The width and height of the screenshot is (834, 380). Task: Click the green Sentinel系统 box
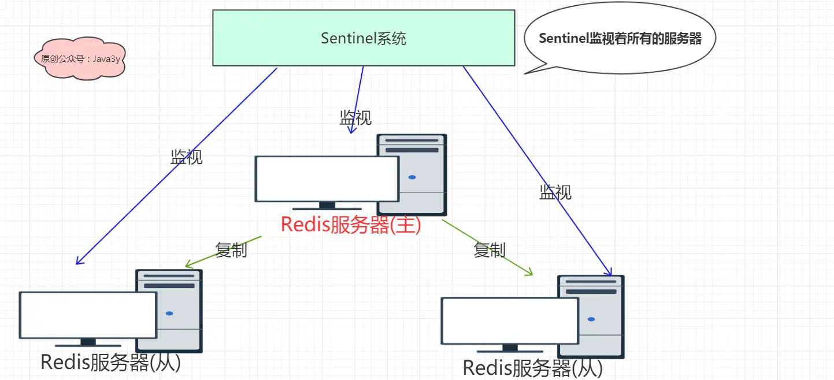tap(364, 38)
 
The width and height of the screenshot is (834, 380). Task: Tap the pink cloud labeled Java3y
tap(80, 58)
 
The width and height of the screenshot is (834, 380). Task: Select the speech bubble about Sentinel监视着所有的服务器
tap(620, 38)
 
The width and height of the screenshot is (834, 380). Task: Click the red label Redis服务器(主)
tap(351, 224)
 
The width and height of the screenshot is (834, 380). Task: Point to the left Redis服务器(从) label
tap(110, 362)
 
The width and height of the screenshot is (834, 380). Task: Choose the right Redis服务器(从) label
tap(532, 368)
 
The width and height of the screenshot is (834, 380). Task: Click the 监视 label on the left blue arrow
tap(187, 157)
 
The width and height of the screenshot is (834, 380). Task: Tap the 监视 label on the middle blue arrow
tap(355, 118)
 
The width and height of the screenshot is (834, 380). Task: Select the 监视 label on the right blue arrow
tap(555, 192)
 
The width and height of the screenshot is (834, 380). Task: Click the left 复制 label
tap(231, 250)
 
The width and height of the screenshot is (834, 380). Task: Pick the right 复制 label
tap(489, 250)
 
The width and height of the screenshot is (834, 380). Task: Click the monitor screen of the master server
tap(327, 179)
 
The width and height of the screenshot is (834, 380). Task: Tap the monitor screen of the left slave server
tap(88, 315)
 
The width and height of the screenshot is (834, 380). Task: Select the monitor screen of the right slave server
tap(510, 321)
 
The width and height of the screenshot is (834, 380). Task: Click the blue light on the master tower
tap(412, 178)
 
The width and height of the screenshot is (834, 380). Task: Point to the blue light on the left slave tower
tap(169, 313)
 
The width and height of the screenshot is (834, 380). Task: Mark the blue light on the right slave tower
tap(591, 319)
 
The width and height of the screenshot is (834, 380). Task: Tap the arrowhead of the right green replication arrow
tap(532, 275)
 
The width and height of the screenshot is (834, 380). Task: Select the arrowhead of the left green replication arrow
tap(186, 266)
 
